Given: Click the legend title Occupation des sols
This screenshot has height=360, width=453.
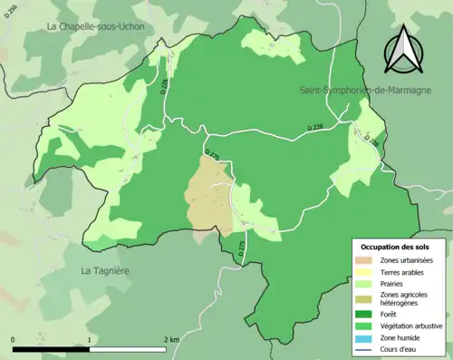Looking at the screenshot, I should pos(396,246).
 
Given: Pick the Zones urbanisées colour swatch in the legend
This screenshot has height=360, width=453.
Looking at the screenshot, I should pos(367,259).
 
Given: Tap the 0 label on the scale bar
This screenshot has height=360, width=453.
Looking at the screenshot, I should pos(14,339).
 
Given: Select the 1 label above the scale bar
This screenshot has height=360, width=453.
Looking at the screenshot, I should pos(89,339).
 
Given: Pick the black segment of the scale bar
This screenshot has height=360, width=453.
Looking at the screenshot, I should pos(51,349).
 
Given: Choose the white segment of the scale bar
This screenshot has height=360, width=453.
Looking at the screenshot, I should pos(127,349).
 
